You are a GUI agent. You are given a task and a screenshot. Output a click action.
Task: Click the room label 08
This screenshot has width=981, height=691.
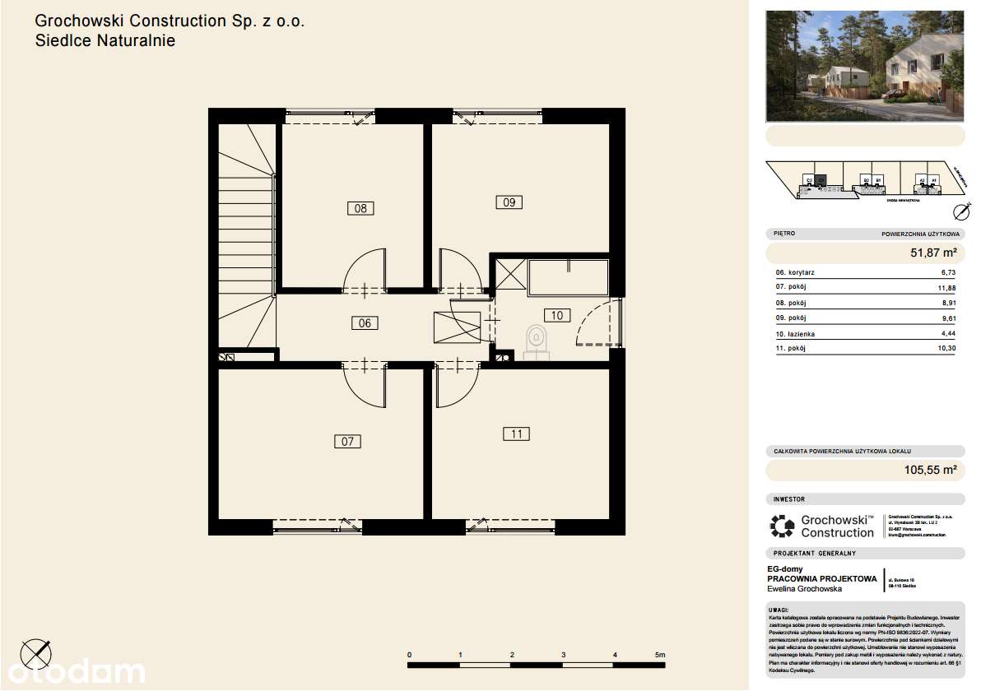tap(360, 208)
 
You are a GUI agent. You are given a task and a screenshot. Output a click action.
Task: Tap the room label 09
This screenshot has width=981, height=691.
tap(509, 202)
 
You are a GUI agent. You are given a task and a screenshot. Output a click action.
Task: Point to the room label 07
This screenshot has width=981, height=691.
tap(347, 442)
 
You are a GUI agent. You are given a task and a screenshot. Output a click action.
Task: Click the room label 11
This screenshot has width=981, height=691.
tap(516, 434)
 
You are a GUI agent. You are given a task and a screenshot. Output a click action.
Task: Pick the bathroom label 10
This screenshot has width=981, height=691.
tap(556, 315)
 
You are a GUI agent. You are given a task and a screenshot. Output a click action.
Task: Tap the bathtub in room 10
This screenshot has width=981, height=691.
tap(568, 278)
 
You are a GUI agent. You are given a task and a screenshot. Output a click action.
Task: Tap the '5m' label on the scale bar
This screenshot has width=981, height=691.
tap(660, 655)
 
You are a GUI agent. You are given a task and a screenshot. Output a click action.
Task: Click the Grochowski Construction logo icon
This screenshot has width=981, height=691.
tap(782, 526)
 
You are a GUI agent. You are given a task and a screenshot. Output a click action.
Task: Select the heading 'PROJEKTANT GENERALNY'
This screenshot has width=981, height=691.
tap(815, 554)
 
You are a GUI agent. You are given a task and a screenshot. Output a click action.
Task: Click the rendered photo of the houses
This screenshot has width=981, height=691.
tap(864, 65)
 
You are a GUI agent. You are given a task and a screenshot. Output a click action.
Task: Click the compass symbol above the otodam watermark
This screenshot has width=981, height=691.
tap(36, 654)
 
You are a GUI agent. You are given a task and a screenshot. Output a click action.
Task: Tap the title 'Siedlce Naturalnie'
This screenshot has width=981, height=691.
tap(105, 40)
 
